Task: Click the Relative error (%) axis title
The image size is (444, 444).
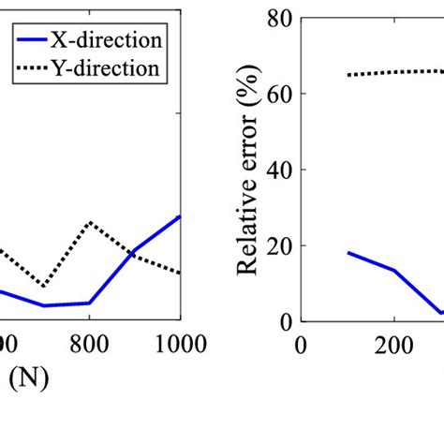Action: (x=246, y=170)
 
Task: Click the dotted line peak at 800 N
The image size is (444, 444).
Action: (x=90, y=222)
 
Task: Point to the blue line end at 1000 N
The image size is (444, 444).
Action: (x=180, y=215)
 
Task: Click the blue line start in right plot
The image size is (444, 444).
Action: (x=348, y=252)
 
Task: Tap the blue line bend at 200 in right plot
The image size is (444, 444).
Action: (x=394, y=271)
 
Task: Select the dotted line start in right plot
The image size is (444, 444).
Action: (x=348, y=75)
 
